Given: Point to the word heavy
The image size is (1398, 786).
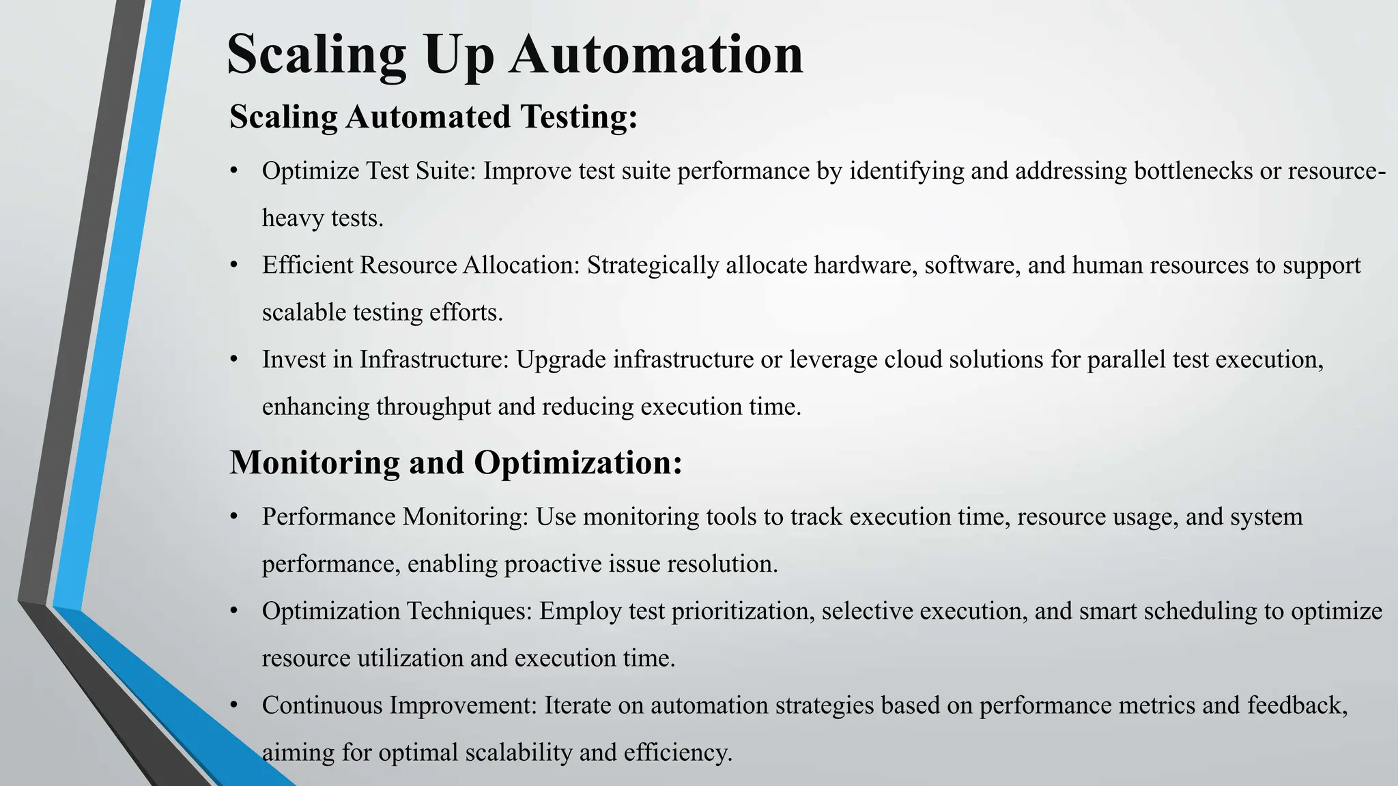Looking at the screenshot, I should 293,218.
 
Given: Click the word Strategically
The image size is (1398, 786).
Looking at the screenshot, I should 653,265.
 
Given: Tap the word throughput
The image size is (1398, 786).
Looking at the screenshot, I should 433,407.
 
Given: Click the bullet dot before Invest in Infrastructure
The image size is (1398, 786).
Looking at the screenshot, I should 234,359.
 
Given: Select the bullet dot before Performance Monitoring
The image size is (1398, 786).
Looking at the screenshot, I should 234,516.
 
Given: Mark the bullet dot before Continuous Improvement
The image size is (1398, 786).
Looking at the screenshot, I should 234,705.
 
